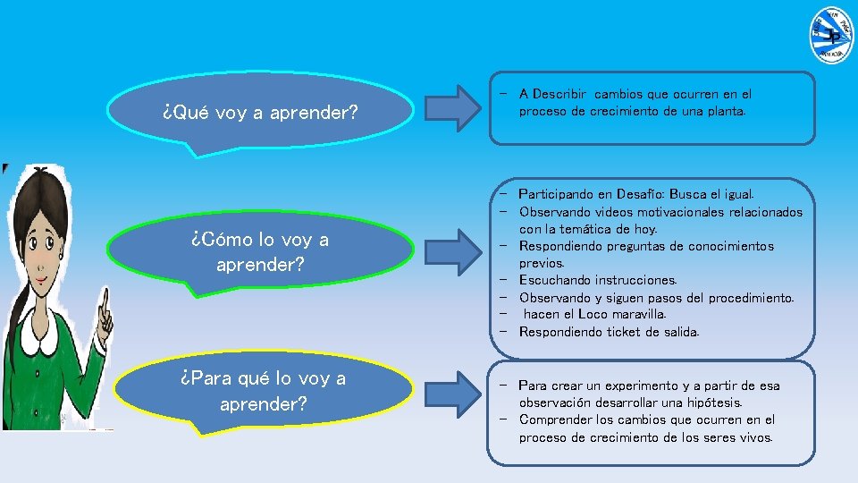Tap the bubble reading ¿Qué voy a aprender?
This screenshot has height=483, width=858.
260,114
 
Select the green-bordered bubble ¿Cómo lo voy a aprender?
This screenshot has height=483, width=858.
260,251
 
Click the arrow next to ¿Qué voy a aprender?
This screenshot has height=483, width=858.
457,106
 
